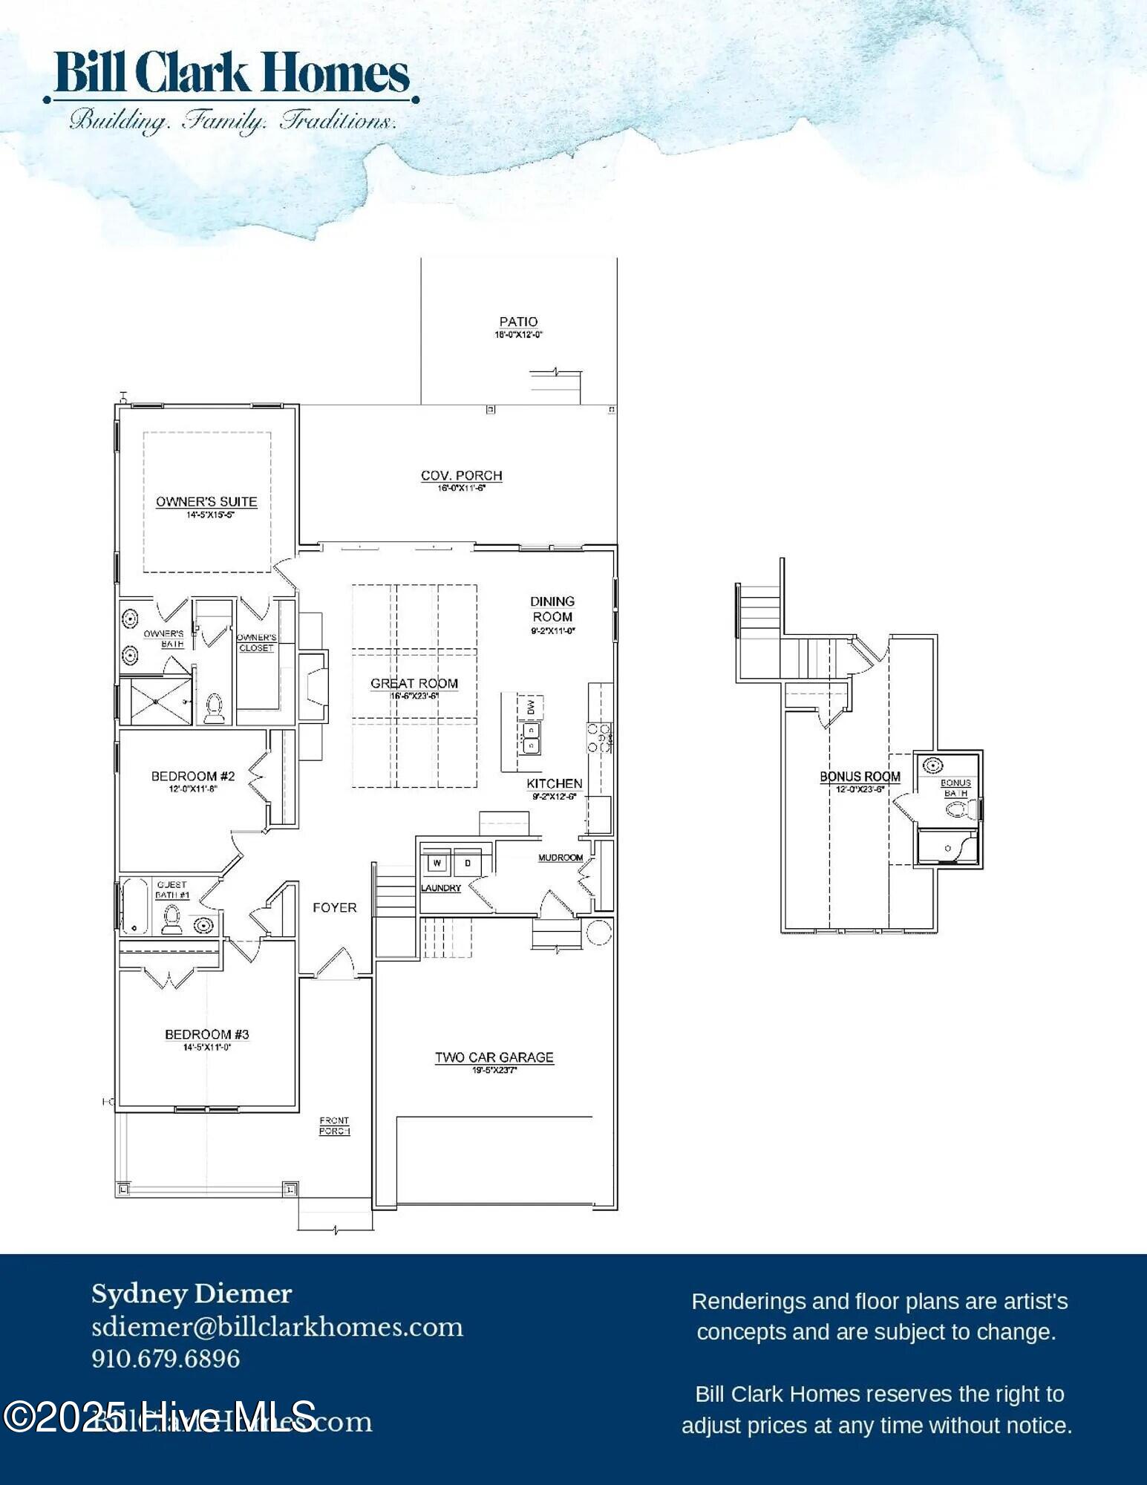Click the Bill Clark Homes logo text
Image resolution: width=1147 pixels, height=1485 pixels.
point(232,73)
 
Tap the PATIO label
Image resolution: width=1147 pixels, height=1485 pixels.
point(518,322)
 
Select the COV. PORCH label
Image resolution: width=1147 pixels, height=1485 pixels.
point(461,475)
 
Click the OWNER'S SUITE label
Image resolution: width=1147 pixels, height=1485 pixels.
point(206,502)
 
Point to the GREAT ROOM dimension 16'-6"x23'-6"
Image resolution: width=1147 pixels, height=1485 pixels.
point(414,696)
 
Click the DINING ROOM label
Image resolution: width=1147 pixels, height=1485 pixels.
point(552,609)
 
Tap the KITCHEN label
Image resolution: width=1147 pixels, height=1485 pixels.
point(555,783)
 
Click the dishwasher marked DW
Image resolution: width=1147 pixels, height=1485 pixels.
point(531,707)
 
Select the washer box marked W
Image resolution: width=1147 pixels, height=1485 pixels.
point(437,863)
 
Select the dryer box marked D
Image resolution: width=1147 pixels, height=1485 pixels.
point(468,863)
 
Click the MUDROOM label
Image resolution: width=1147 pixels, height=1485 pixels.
point(561,858)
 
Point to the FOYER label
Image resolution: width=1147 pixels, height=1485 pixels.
point(334,907)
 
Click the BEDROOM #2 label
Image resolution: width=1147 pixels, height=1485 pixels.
point(193,776)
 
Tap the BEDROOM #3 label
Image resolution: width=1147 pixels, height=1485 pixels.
point(206,1034)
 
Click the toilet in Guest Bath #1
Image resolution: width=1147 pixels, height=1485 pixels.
point(172,919)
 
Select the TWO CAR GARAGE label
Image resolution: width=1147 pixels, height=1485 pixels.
point(494,1057)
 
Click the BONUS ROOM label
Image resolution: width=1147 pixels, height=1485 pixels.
point(860,777)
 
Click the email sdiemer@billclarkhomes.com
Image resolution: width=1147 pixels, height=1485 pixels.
point(277,1327)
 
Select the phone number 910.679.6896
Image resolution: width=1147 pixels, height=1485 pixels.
point(166,1359)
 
